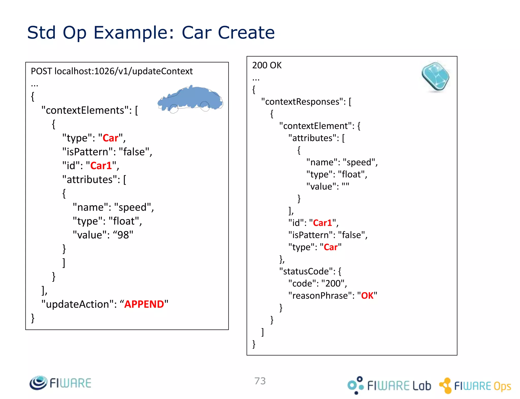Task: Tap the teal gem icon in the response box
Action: [435, 77]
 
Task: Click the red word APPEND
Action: [144, 304]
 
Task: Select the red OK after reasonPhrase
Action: [367, 296]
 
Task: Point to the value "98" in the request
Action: [123, 235]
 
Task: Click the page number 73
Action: [260, 381]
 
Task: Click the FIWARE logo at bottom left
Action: [60, 383]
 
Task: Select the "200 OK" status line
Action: [267, 65]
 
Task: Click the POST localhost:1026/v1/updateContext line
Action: [112, 71]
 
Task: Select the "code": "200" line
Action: [317, 283]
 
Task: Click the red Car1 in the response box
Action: [322, 223]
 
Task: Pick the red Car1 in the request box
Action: [101, 166]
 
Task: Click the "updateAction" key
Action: [77, 304]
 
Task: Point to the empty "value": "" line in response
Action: [328, 186]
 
